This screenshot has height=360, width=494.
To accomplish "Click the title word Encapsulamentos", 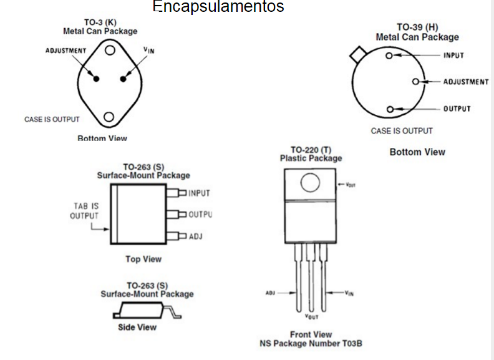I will (218, 7).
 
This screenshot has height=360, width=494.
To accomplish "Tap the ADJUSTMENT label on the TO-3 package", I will (66, 51).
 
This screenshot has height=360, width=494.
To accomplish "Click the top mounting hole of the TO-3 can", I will (110, 51).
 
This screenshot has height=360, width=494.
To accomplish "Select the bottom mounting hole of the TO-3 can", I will (110, 117).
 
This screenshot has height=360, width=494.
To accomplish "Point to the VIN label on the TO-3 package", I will (148, 49).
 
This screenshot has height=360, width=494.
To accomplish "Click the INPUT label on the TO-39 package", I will (453, 56).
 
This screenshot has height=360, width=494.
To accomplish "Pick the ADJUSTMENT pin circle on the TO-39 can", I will (416, 82).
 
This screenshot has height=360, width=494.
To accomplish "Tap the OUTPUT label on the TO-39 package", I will (457, 109).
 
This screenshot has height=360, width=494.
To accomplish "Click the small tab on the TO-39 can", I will (358, 54).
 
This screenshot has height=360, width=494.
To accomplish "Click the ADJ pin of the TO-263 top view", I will (181, 236).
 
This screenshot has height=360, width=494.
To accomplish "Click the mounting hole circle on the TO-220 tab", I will (310, 182).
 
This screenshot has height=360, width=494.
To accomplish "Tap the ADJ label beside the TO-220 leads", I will (270, 293).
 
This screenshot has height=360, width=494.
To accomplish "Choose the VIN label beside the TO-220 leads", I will (349, 293).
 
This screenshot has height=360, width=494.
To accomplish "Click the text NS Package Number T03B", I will (311, 344).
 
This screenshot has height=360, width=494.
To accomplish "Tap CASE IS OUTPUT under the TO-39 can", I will (401, 131).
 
